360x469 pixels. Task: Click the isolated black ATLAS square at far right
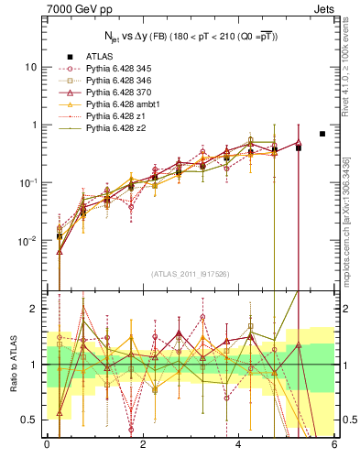(x=322, y=134)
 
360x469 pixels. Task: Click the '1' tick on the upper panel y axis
(x=34, y=125)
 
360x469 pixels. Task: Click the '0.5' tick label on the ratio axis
(x=29, y=420)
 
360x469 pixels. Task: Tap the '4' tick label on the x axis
(x=238, y=445)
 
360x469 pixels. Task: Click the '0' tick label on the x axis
(x=47, y=445)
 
